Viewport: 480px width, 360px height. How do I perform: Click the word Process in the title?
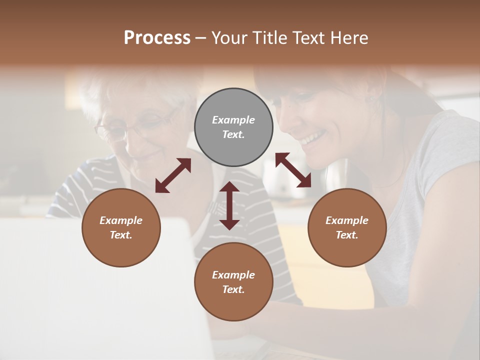point(157,37)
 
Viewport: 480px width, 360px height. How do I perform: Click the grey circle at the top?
point(233,127)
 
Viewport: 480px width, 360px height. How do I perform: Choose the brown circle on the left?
point(121,227)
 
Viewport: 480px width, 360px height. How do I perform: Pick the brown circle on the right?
point(347,227)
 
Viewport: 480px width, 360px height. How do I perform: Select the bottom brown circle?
point(233,282)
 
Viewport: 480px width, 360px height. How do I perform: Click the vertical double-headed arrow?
point(229,205)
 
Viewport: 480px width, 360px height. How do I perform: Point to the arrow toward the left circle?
point(173,175)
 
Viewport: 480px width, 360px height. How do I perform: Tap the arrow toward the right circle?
point(293,170)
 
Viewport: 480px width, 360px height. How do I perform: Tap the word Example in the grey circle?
point(233,120)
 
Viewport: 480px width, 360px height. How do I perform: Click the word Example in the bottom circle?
point(233,275)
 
